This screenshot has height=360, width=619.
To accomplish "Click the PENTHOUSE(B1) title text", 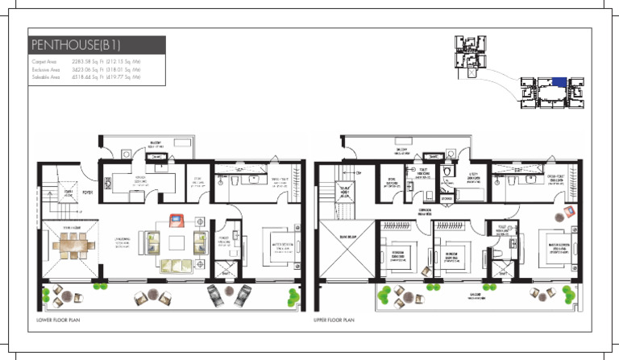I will (x=76, y=45).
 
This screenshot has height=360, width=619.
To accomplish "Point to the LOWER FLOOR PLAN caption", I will (x=58, y=320).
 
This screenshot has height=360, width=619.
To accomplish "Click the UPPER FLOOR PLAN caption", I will (x=335, y=320).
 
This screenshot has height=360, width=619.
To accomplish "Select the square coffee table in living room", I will (x=177, y=242).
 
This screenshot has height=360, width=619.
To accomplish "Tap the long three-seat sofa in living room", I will (x=177, y=265).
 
